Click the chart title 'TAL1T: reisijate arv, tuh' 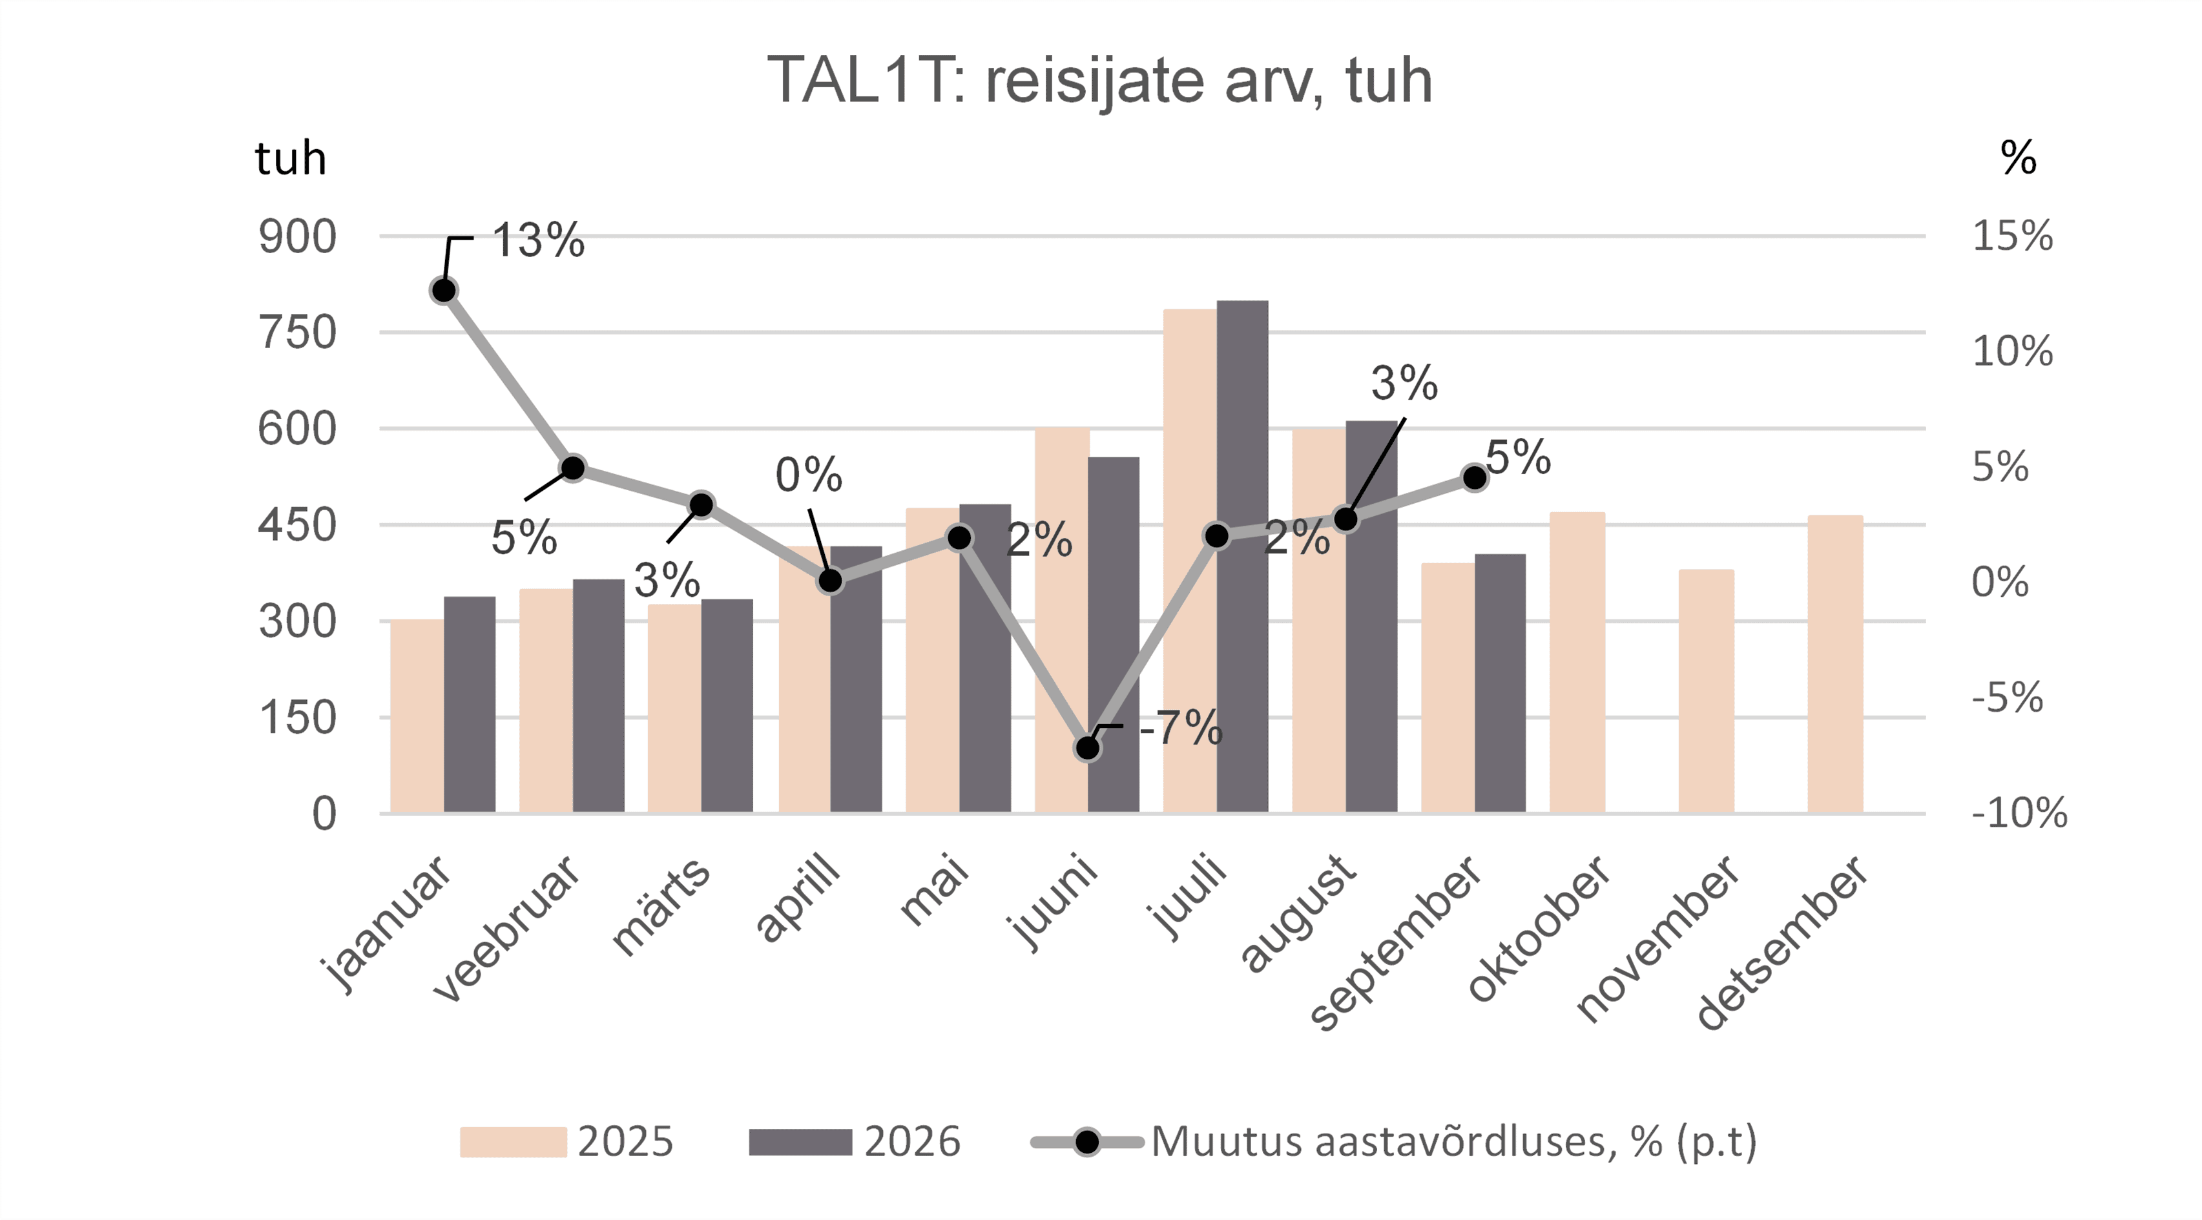tap(1099, 80)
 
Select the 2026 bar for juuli tap(1242, 557)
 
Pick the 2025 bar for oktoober tap(1577, 663)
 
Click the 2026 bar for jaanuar tap(470, 705)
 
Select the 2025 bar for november tap(1706, 691)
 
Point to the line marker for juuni tap(1087, 748)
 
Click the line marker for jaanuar tap(444, 291)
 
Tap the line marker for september tap(1475, 478)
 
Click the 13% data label tap(539, 240)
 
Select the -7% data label tap(1181, 729)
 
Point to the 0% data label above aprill tap(809, 475)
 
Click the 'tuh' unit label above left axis tap(291, 159)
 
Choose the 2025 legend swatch tap(513, 1142)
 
